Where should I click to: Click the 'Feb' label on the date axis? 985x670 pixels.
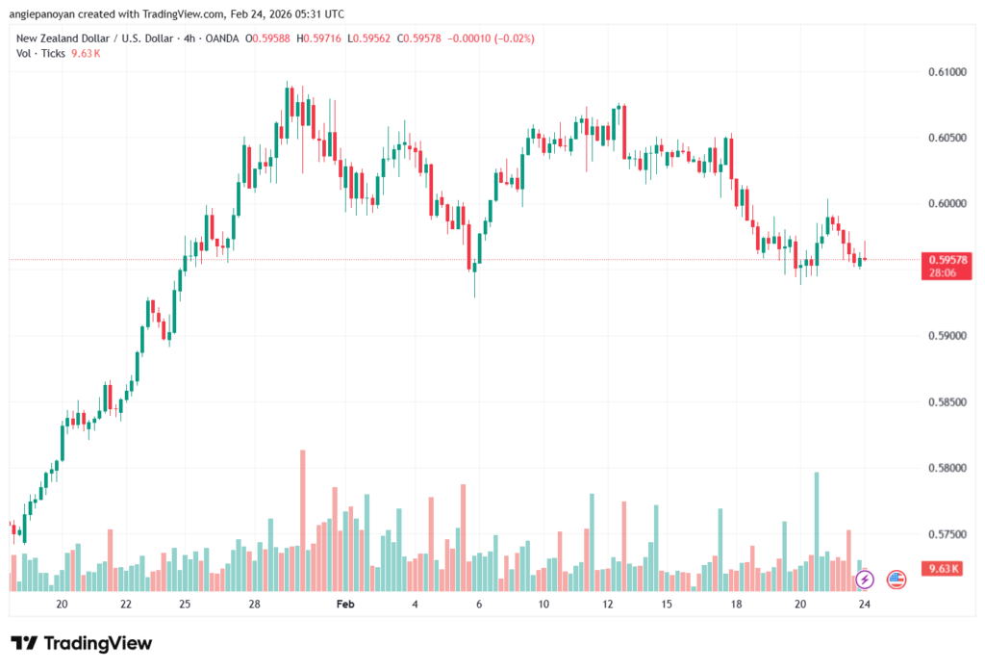click(344, 604)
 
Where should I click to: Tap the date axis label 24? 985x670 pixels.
click(865, 604)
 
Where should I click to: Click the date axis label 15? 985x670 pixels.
click(666, 604)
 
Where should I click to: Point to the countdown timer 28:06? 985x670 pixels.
click(943, 273)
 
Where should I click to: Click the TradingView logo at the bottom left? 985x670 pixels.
click(82, 643)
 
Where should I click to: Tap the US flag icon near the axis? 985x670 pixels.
click(896, 580)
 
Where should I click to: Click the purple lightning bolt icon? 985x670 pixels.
click(865, 580)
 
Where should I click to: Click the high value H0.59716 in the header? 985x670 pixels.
click(325, 38)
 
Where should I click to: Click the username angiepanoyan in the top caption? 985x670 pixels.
click(53, 12)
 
